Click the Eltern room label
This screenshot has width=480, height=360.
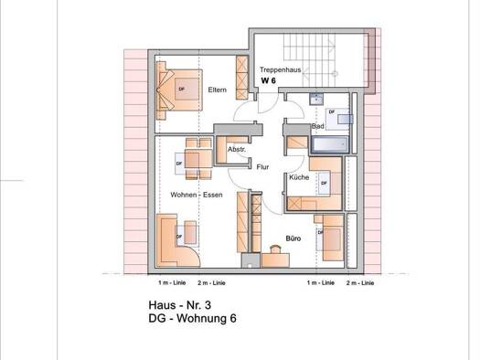pos(217,90)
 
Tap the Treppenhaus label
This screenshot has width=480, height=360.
pos(280,69)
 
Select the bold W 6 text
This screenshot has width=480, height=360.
pos(269,80)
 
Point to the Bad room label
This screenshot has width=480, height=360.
pos(318,126)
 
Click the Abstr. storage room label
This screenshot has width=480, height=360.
pos(236,150)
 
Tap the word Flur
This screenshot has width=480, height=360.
pos(262,167)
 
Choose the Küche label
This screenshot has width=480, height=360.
pos(299,177)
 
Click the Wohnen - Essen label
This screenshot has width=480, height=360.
pos(197,195)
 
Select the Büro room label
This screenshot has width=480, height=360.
pos(293,238)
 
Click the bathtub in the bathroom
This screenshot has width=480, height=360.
pos(330,144)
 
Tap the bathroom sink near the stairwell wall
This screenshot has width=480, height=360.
pos(316,99)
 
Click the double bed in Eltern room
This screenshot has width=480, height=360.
pos(180,90)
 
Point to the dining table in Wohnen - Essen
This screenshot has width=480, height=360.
pos(198,159)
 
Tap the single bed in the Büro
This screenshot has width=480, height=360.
pos(333,238)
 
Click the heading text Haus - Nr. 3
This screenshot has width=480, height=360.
pos(180,305)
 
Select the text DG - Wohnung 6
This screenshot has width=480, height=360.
pos(192,318)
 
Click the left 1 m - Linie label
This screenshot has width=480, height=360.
pos(172,283)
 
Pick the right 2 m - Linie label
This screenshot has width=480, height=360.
pos(360,283)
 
